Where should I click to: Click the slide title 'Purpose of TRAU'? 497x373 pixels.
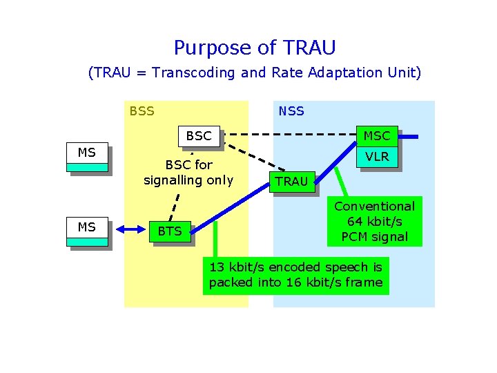coord(254,48)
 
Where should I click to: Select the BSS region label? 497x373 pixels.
coord(142,111)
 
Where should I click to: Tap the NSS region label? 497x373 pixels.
coord(291,111)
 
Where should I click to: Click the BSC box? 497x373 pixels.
coord(199,136)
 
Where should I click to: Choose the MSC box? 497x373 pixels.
coord(377,136)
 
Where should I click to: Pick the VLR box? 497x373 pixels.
coord(377,157)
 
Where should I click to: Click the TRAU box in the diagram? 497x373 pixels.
coord(291,182)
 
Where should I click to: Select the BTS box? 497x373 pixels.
coord(169,231)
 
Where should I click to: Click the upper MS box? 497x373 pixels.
coord(87,157)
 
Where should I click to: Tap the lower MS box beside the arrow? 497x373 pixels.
coord(87,231)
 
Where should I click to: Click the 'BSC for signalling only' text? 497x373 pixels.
coord(188,173)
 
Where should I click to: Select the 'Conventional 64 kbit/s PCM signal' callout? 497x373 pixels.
coord(374,221)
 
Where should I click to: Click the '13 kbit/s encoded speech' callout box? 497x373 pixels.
coord(295,275)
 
